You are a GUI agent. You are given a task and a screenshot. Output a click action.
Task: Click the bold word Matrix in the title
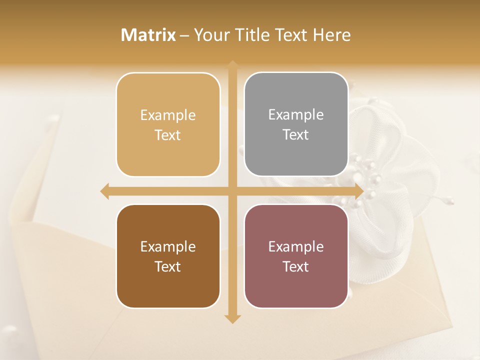click(x=148, y=35)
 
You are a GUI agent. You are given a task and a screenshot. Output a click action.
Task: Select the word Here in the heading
click(x=331, y=35)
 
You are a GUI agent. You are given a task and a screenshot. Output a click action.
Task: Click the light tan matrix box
click(x=168, y=124)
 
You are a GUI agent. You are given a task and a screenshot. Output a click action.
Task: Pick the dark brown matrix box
click(x=168, y=256)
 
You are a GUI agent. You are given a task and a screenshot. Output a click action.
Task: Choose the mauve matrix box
click(x=296, y=256)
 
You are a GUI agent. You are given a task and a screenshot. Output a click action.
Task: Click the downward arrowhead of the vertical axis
click(x=232, y=318)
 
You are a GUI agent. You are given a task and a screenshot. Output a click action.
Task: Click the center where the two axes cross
click(x=232, y=191)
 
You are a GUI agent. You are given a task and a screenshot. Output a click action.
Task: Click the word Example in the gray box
click(x=296, y=114)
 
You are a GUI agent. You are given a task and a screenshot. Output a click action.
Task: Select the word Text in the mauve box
click(x=296, y=266)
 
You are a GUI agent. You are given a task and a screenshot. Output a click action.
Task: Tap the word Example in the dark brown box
click(x=168, y=246)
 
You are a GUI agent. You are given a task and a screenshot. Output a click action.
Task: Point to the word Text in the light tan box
click(x=168, y=135)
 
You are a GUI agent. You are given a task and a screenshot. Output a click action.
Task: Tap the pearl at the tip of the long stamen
click(x=450, y=200)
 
